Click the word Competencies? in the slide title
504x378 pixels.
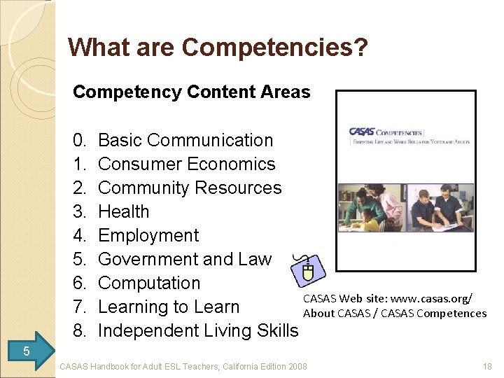[x=274, y=48]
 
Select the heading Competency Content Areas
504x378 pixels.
[x=191, y=92]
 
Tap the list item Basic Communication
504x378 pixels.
[x=185, y=140]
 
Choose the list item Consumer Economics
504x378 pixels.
[x=187, y=164]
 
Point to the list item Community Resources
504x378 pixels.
[x=190, y=188]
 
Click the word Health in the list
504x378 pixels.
[x=124, y=211]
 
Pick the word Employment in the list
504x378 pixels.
[x=148, y=235]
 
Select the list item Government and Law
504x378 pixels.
[x=185, y=259]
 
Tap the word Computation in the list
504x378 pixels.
[x=149, y=283]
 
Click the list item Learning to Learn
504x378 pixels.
[x=169, y=307]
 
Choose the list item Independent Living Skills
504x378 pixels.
[x=198, y=330]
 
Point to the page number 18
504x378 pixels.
[x=487, y=366]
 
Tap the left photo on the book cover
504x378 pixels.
[x=371, y=208]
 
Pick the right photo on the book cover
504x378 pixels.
[x=440, y=208]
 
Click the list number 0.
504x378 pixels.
[x=79, y=140]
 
